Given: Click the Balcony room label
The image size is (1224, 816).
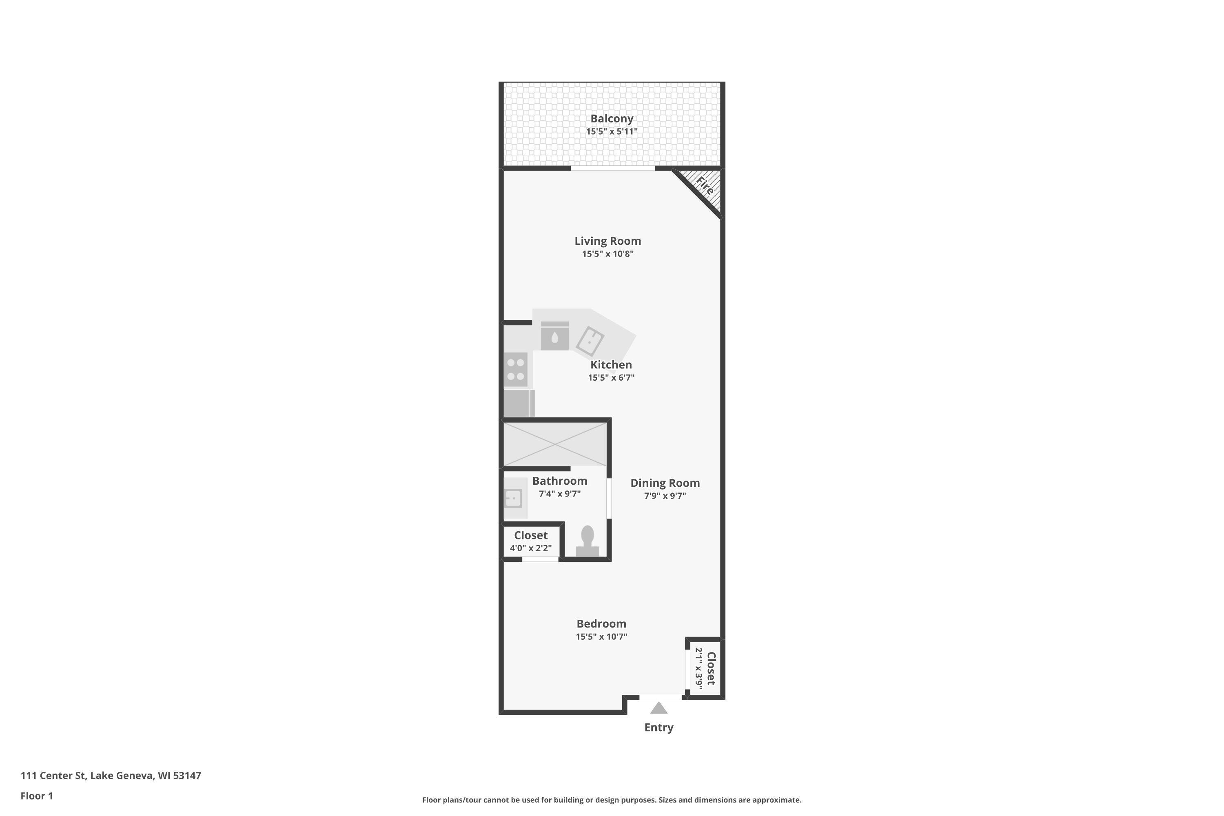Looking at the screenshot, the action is click(x=612, y=119).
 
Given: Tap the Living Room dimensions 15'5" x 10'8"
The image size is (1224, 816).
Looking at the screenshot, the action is click(x=608, y=254).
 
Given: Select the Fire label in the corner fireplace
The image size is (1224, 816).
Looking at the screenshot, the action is click(x=705, y=186).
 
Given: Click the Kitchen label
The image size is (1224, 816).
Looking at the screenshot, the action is click(x=611, y=365).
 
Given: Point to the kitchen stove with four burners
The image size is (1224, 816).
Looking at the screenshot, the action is click(x=515, y=370).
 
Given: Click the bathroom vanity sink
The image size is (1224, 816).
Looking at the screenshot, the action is click(x=514, y=498).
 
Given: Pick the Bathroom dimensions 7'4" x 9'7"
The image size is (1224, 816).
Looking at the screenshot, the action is click(x=559, y=494).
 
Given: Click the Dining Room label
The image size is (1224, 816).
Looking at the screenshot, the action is click(x=665, y=483).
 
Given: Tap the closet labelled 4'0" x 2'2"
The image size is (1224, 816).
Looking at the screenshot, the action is click(x=531, y=541).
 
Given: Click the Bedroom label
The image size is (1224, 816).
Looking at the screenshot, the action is click(x=601, y=624).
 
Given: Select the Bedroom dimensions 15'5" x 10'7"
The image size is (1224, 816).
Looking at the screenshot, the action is click(x=601, y=636).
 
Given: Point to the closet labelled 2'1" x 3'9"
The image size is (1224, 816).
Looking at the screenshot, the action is click(x=705, y=668).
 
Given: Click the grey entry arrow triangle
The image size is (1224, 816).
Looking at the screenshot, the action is click(x=659, y=708).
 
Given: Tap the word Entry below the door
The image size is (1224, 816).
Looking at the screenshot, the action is click(x=659, y=727).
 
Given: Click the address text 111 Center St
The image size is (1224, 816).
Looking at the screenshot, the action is click(x=53, y=776).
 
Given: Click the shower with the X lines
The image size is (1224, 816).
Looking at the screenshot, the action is click(x=555, y=444).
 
